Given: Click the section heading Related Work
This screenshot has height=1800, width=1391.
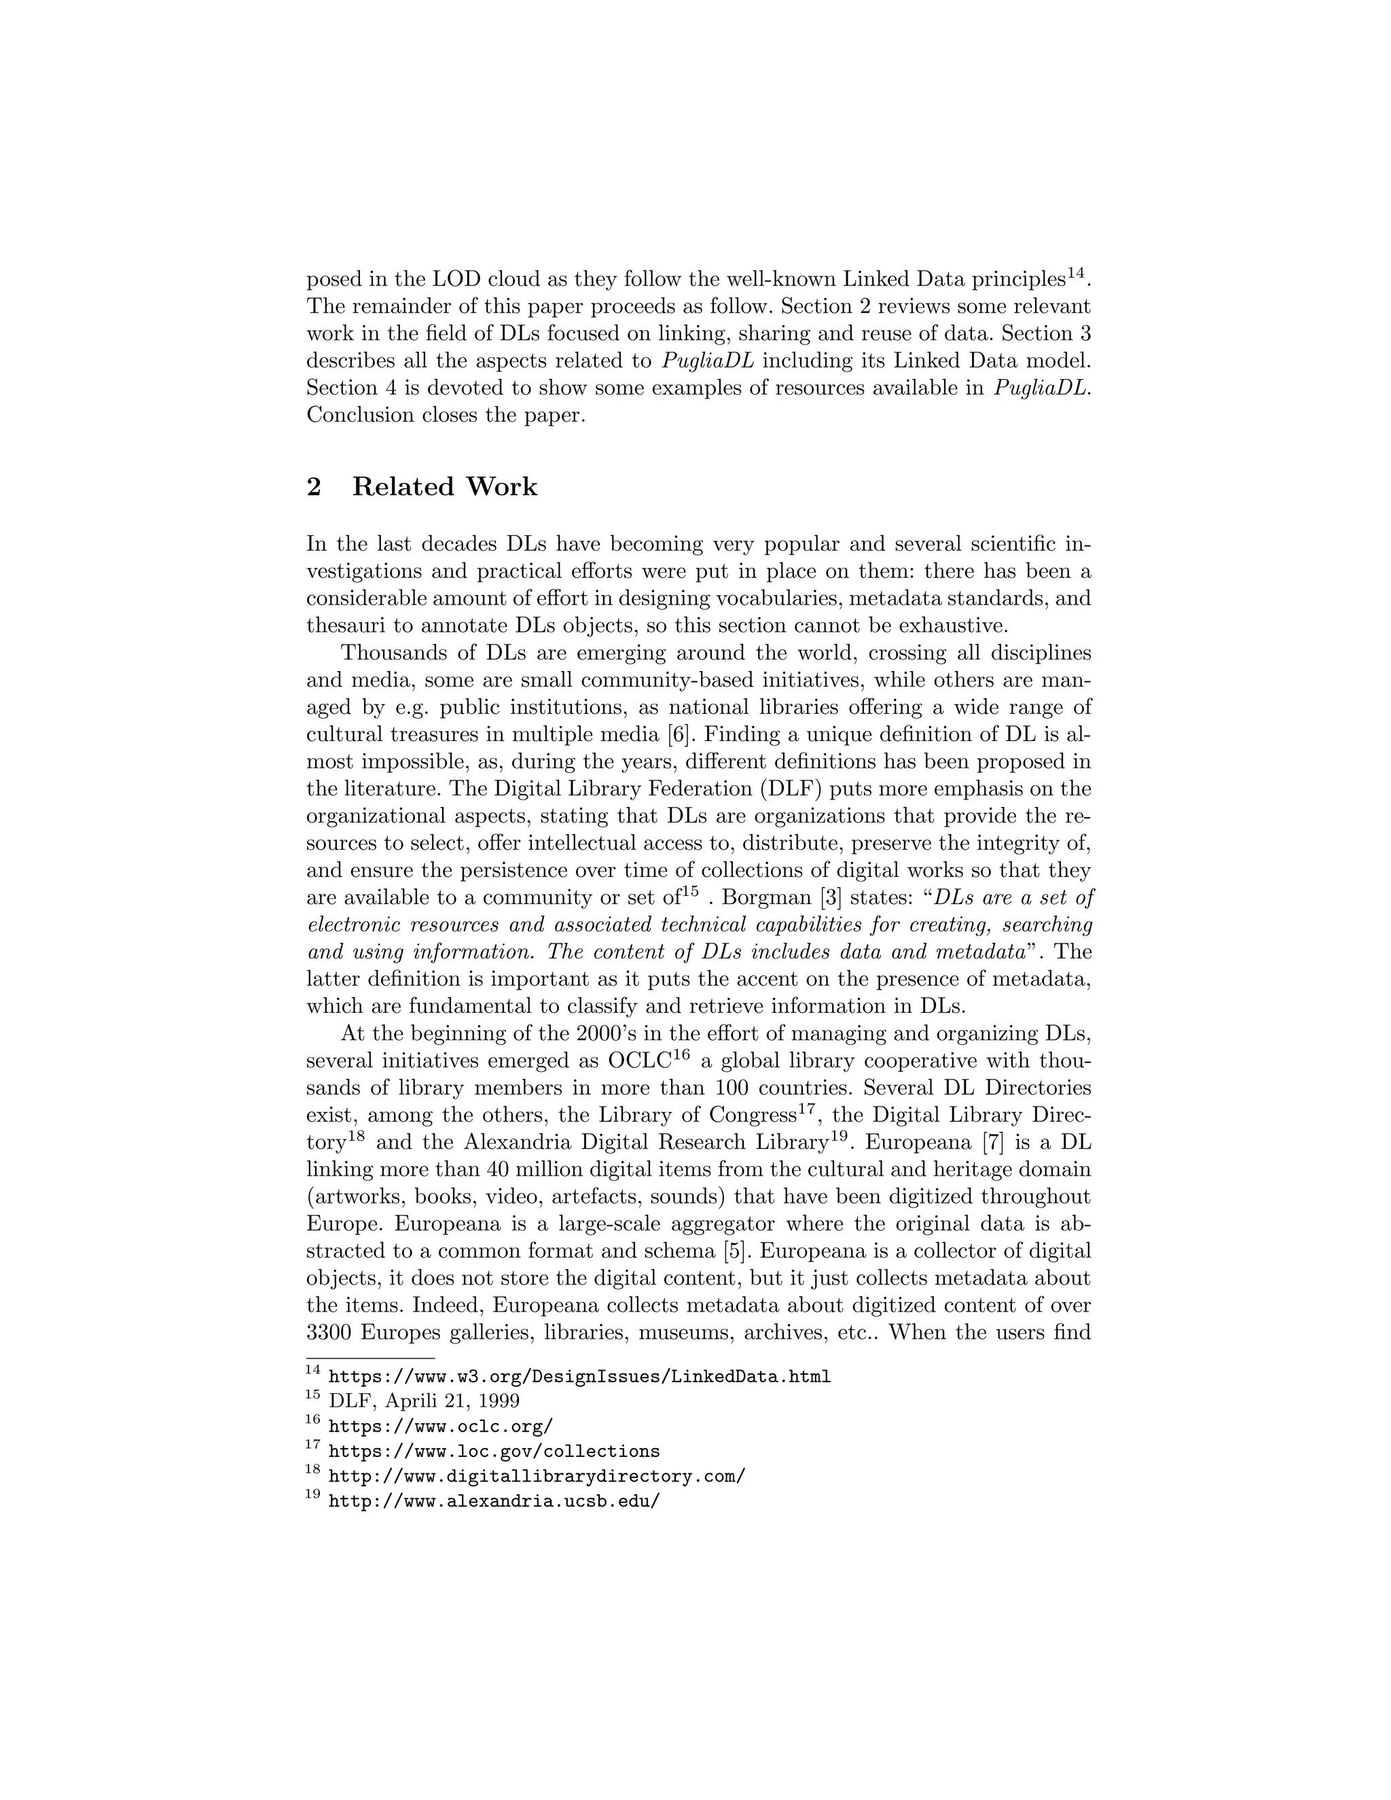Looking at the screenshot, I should tap(444, 487).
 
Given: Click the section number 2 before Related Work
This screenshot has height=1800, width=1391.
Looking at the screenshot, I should tap(314, 487).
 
